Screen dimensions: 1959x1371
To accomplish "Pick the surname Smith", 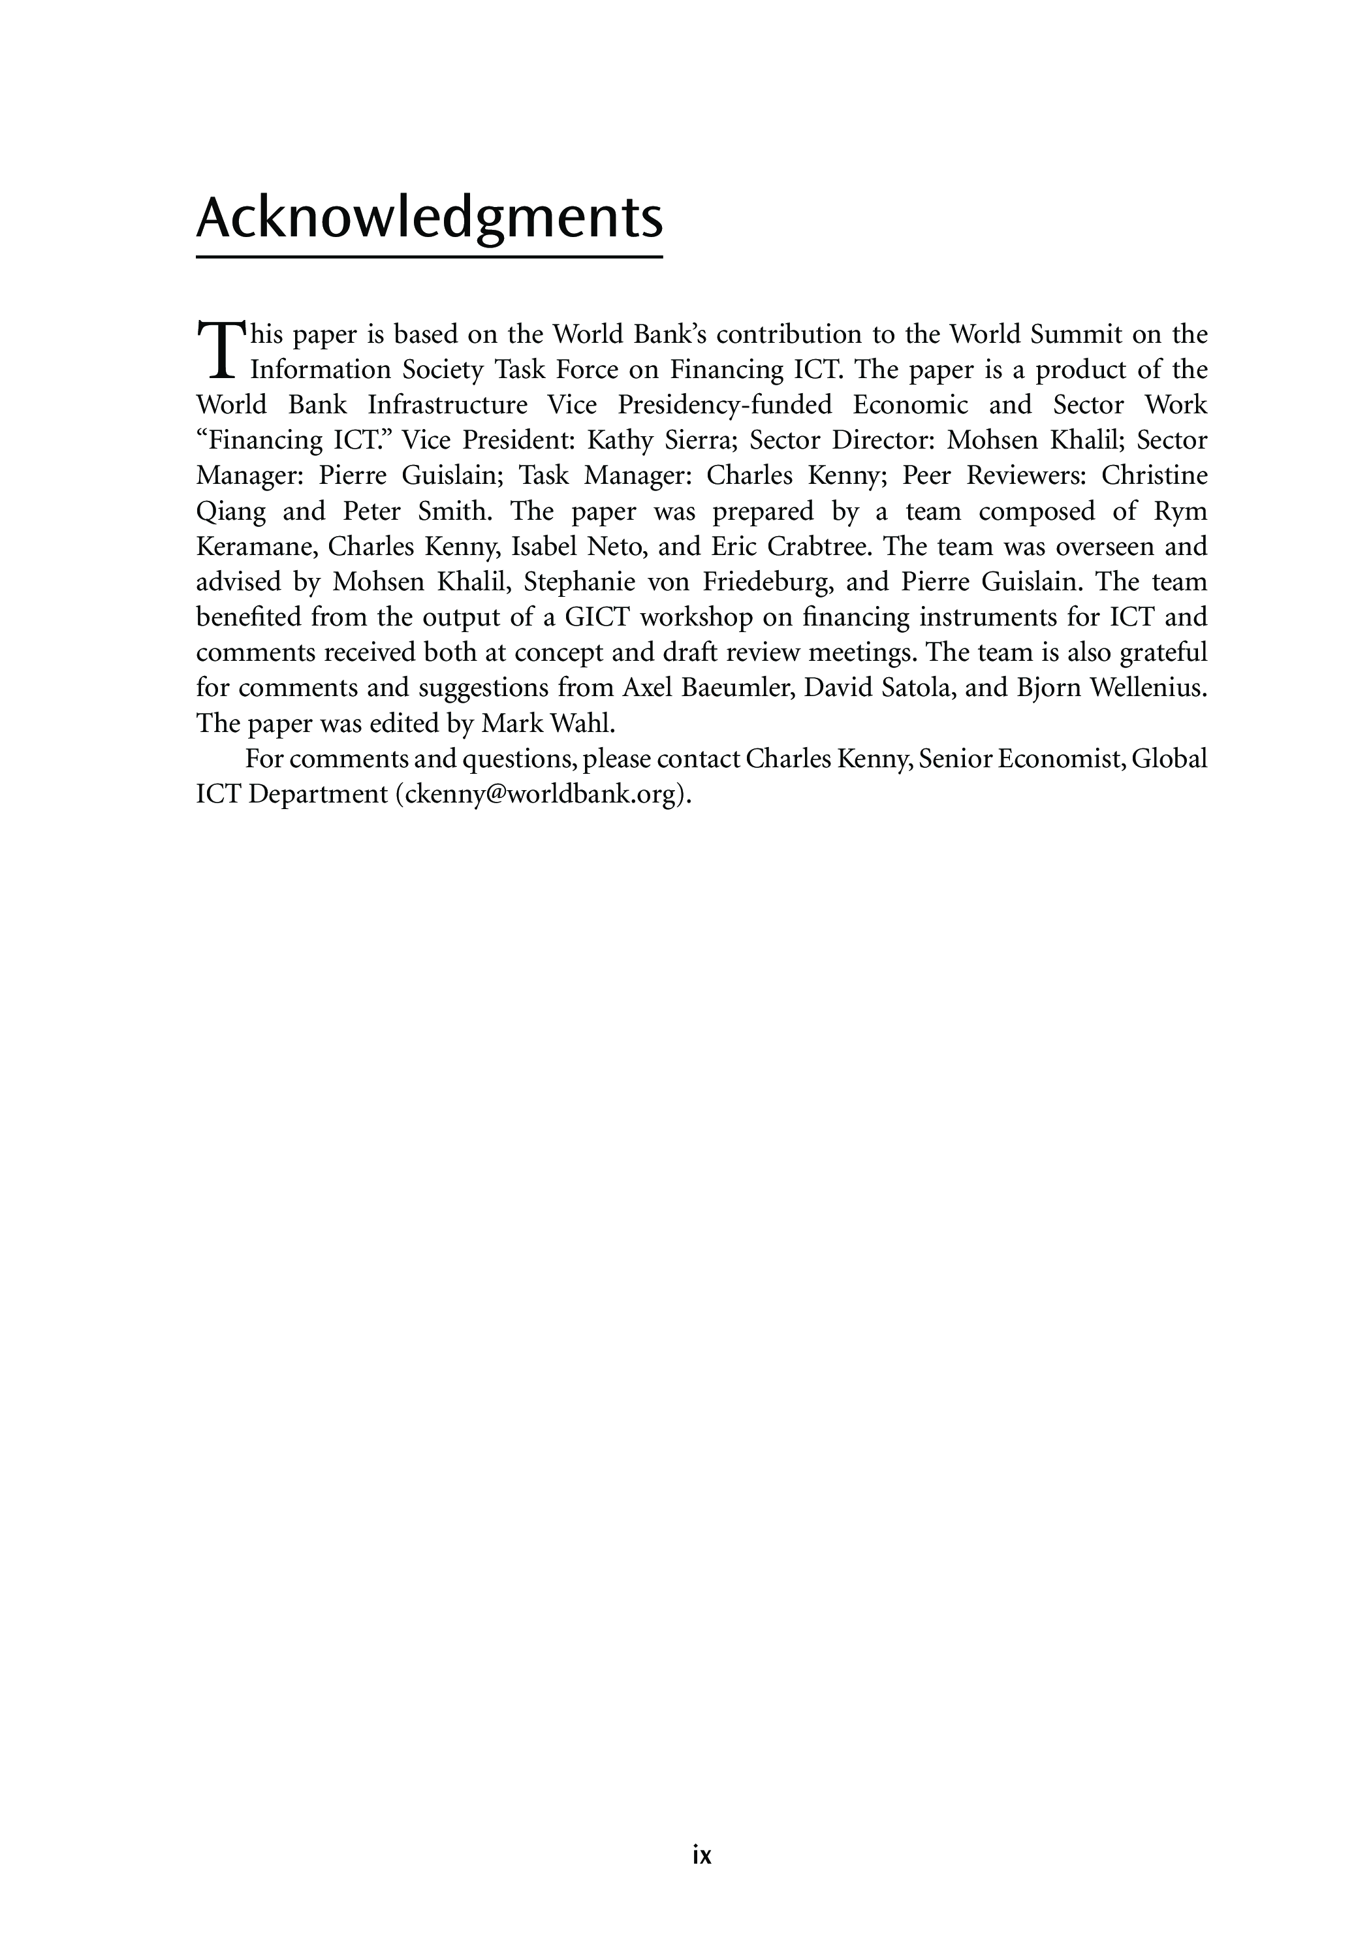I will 451,511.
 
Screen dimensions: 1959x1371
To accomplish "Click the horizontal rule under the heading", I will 429,256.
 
